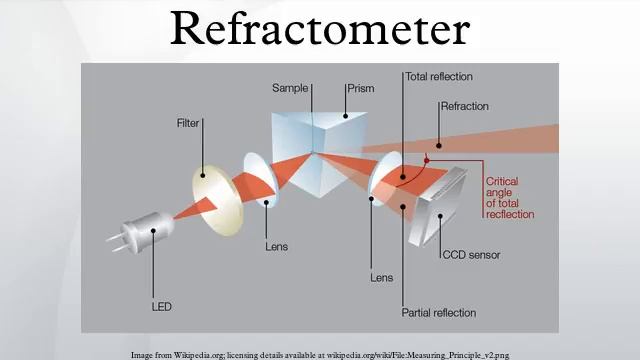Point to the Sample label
[x=290, y=88]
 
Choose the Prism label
[x=360, y=88]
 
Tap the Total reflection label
[x=439, y=76]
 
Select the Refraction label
[x=466, y=106]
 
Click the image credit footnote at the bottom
[x=320, y=354]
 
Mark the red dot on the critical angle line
[x=426, y=159]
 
